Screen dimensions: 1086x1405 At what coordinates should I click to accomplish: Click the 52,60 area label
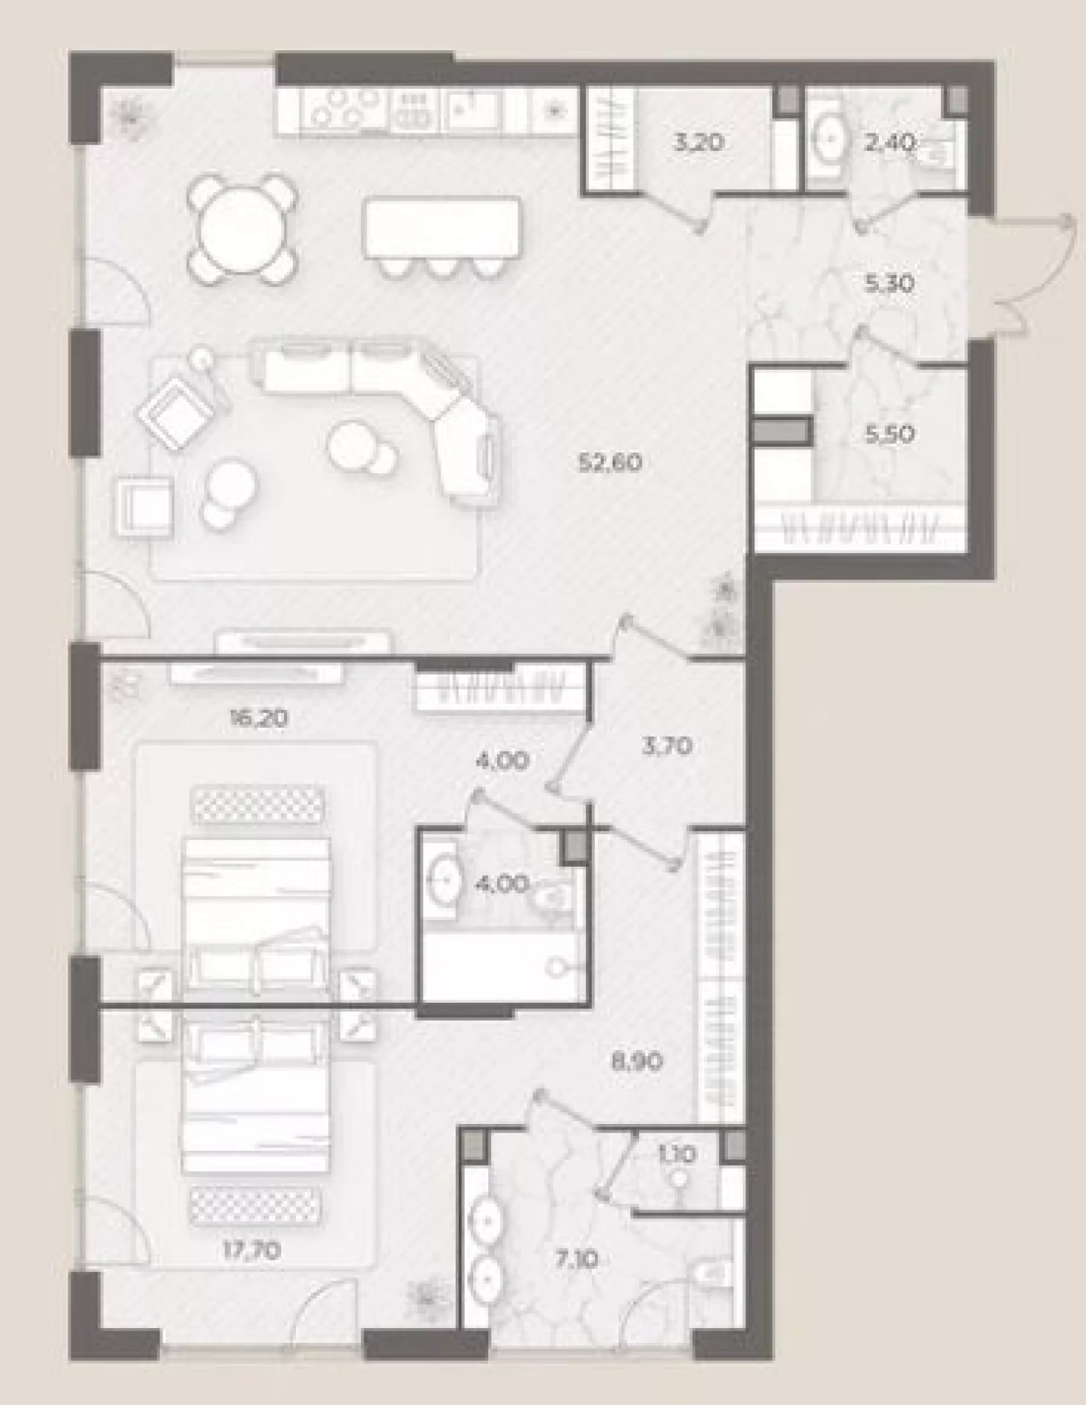click(610, 463)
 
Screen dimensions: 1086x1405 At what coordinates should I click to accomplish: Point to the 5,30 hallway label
click(890, 283)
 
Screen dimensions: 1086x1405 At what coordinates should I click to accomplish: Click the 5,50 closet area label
click(890, 435)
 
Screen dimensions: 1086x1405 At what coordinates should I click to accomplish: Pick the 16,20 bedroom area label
click(259, 717)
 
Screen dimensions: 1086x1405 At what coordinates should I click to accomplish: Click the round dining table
click(243, 230)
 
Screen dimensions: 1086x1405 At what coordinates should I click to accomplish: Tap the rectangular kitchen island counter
click(442, 227)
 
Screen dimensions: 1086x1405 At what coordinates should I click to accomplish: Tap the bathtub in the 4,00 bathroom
click(503, 966)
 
